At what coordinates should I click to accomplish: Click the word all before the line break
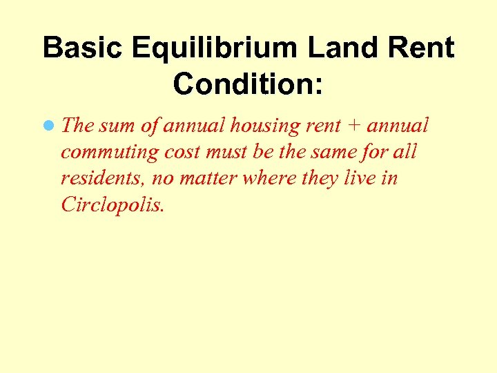point(405,153)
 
